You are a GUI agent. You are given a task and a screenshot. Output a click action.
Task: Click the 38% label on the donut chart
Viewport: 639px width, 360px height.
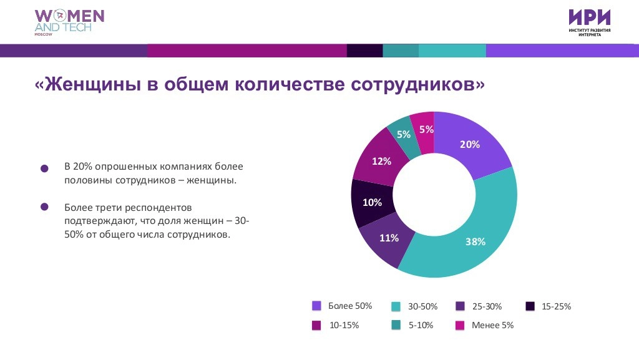(475, 241)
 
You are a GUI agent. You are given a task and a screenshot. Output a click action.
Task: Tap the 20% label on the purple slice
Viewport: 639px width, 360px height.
(470, 144)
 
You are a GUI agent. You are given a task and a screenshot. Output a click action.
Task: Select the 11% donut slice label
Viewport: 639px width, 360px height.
(389, 237)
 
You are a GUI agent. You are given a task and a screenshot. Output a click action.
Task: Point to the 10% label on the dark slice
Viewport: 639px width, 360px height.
(372, 202)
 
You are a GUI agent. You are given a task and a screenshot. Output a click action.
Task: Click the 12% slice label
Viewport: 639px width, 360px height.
(381, 161)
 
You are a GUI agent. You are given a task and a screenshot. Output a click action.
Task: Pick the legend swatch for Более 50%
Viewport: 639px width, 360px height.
(316, 306)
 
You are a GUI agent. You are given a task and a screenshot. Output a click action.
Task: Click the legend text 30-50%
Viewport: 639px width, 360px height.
(422, 306)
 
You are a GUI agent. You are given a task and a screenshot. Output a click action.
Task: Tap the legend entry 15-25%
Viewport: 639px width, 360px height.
(556, 306)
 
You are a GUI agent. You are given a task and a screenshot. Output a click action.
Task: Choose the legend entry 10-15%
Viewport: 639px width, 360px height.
(344, 325)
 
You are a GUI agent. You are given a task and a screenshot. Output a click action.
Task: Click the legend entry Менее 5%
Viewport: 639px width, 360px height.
(492, 325)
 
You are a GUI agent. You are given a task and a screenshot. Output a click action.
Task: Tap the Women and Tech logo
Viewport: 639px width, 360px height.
(69, 23)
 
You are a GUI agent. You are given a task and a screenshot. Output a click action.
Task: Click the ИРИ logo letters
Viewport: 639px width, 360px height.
(589, 17)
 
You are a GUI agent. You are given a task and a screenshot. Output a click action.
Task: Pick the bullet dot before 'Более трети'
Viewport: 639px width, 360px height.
(44, 207)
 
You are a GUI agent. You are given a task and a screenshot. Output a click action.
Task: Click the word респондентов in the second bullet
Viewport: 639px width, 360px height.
(163, 207)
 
